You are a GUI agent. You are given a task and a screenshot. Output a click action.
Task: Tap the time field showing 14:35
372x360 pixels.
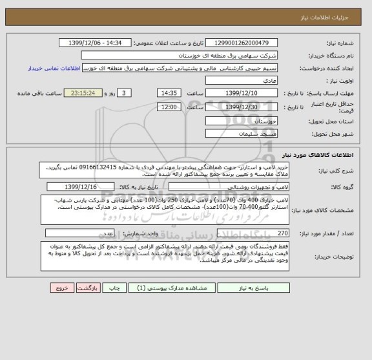click(170, 93)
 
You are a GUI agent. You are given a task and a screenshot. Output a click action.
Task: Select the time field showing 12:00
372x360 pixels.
click(170, 107)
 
